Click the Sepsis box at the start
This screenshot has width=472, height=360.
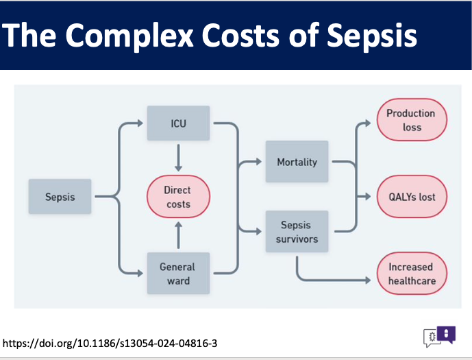tap(60, 196)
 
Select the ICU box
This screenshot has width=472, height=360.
tap(179, 123)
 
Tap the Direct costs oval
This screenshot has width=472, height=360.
tap(179, 196)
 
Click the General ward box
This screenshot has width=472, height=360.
tap(179, 273)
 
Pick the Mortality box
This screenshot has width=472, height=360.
tap(297, 161)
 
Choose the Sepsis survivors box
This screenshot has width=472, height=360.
tap(297, 231)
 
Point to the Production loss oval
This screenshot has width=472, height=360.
tap(412, 119)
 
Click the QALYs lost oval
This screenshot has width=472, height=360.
tap(412, 196)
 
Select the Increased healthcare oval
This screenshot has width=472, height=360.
tap(412, 273)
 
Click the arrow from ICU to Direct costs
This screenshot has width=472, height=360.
tap(179, 158)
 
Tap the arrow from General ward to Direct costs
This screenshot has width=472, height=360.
tap(179, 235)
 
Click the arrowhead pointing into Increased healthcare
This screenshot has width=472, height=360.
tap(368, 280)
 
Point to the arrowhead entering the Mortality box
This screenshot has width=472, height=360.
tap(259, 161)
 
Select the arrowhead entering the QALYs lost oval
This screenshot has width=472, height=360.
tap(368, 196)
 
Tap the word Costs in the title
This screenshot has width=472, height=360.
tap(241, 35)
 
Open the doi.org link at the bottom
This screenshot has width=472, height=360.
tap(110, 343)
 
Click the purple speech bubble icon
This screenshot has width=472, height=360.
tap(446, 335)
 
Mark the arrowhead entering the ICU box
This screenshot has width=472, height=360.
tap(140, 123)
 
